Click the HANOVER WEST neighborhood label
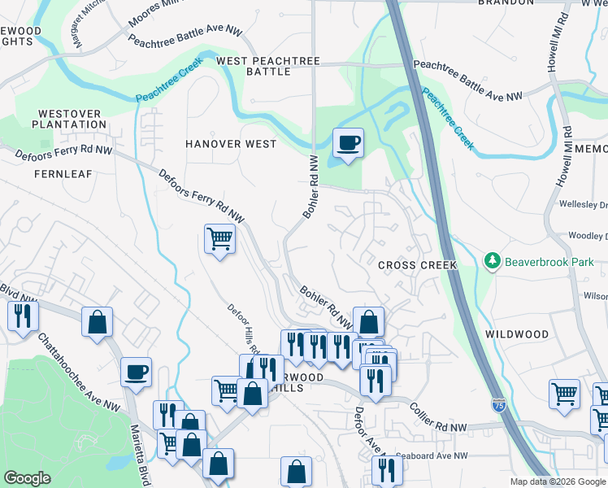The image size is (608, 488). pos(231,144)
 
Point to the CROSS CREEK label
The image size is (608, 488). pos(418,266)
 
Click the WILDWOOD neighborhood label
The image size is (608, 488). pos(517,334)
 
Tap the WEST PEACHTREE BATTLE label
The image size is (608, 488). pos(267,67)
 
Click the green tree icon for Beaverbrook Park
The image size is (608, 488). pos(492,261)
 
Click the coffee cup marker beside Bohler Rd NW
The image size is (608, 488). pos(348,143)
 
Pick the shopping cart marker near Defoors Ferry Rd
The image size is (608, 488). pos(219,240)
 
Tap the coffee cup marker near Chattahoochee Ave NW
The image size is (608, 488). pos(136,373)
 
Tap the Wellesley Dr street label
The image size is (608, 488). pos(584,204)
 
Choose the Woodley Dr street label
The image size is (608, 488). pos(587,236)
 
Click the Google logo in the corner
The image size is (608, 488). pos(27,478)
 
